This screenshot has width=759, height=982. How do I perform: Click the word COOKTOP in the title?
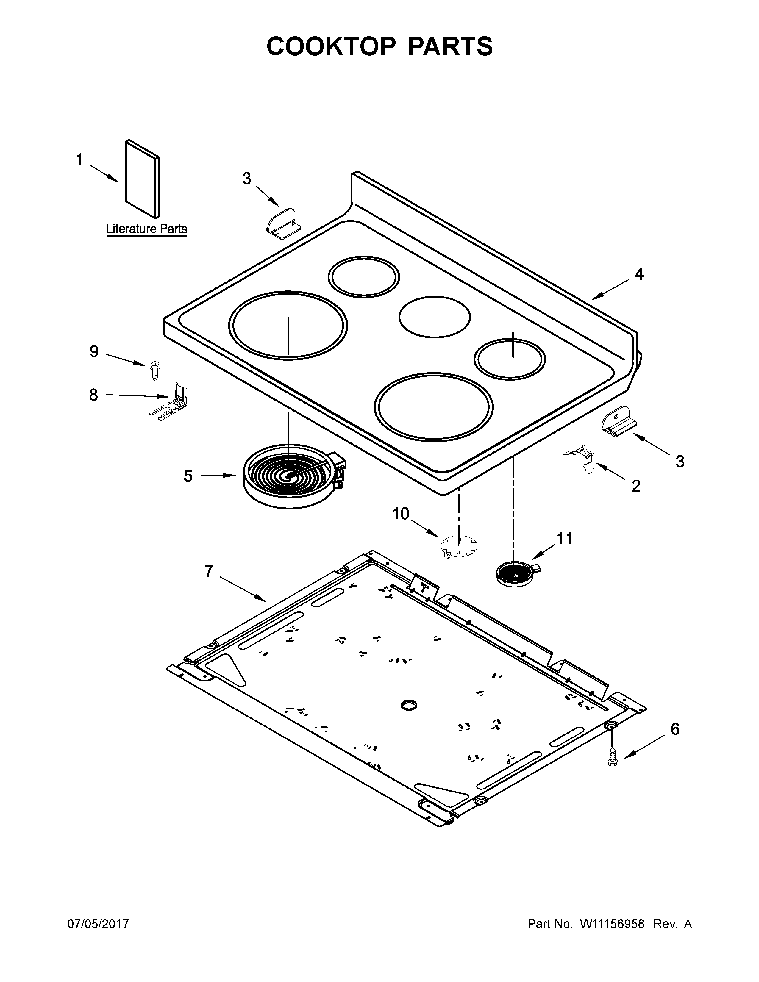331,46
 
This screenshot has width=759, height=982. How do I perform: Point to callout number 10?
401,514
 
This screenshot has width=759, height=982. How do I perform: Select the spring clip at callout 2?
581,459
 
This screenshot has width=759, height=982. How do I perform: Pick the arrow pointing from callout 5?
218,475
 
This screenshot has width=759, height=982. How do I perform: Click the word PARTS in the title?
450,46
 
